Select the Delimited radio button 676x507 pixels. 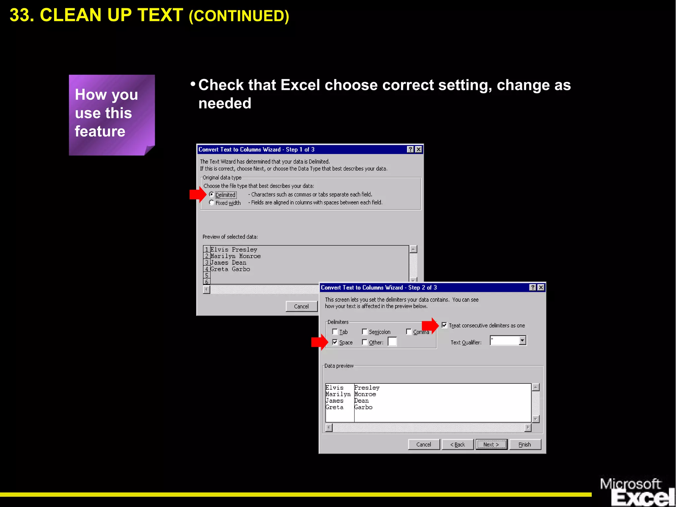point(212,195)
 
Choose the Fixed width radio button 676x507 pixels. point(212,203)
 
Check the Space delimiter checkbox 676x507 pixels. point(335,342)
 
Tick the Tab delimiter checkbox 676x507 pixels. point(335,331)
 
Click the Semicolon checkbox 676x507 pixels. point(365,331)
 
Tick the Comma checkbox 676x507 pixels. point(409,331)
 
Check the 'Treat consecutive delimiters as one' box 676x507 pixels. point(444,325)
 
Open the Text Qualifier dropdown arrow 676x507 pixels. point(522,340)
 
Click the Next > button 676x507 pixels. point(491,445)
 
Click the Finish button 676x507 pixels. point(525,445)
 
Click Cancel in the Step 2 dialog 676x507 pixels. point(424,445)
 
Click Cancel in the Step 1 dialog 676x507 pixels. point(301,306)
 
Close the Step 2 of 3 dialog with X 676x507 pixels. point(541,288)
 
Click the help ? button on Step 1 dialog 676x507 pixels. point(410,149)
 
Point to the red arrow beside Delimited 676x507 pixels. point(197,194)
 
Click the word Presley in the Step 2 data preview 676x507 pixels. point(367,388)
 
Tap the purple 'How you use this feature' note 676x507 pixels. point(112,115)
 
